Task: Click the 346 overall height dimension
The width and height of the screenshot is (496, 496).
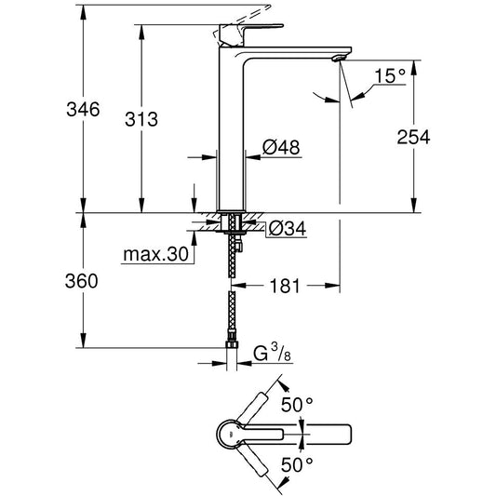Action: pos(83,110)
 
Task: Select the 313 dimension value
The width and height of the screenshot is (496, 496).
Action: pos(141,119)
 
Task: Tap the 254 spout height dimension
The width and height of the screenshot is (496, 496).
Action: pos(413,137)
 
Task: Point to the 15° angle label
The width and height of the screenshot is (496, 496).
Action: pos(390,76)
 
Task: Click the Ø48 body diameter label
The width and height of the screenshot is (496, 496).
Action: pos(281,147)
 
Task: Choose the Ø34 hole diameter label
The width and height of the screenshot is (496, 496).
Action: pos(288,228)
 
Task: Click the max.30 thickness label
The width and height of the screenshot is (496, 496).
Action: pos(155,254)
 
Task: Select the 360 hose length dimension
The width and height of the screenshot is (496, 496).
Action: pos(81,281)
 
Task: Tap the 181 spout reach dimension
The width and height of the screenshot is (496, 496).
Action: pos(285,286)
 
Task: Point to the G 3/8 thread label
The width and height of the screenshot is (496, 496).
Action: pos(272,354)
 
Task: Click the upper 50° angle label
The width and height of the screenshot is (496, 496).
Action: pos(297,405)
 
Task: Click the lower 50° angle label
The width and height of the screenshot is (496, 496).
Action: pos(297,465)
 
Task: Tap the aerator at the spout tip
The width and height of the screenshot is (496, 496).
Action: pos(339,59)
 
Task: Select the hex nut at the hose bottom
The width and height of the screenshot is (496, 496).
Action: pos(232,345)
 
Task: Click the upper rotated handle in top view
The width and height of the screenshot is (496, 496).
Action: pos(252,409)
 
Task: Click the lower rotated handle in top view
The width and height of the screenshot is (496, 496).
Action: pos(252,460)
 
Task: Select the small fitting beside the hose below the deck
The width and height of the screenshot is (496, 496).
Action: pos(238,246)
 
